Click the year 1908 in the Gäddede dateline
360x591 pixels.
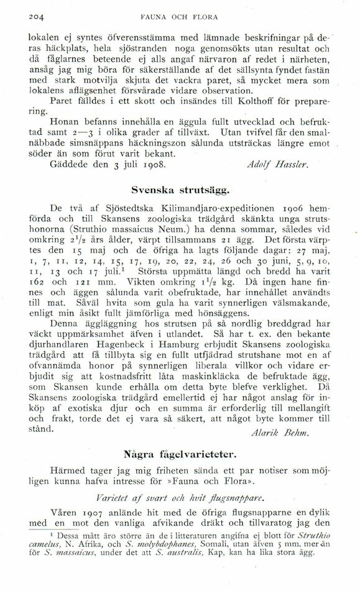point(155,166)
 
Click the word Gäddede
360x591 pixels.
point(70,166)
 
